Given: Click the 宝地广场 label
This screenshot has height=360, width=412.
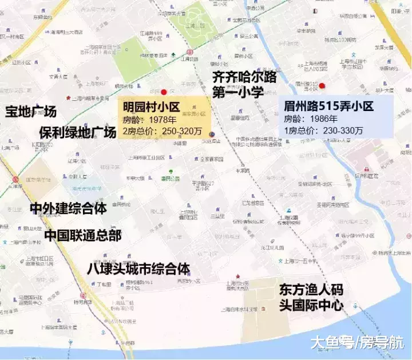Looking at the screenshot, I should [31, 112].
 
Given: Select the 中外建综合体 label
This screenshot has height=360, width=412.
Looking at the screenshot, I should [68, 208].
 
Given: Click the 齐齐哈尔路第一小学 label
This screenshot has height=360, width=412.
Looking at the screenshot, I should [244, 85].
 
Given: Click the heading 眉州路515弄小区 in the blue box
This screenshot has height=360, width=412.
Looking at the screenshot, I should [328, 106].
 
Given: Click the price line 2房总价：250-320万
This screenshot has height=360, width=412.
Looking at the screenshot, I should [162, 131].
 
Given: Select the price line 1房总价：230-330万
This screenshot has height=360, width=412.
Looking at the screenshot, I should [323, 130].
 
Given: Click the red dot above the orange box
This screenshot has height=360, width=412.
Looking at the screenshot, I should [164, 92].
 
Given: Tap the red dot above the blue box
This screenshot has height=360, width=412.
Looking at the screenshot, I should [322, 86].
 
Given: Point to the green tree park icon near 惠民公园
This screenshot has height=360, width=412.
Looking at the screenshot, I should [170, 171].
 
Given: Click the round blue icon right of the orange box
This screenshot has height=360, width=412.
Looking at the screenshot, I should [212, 134].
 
